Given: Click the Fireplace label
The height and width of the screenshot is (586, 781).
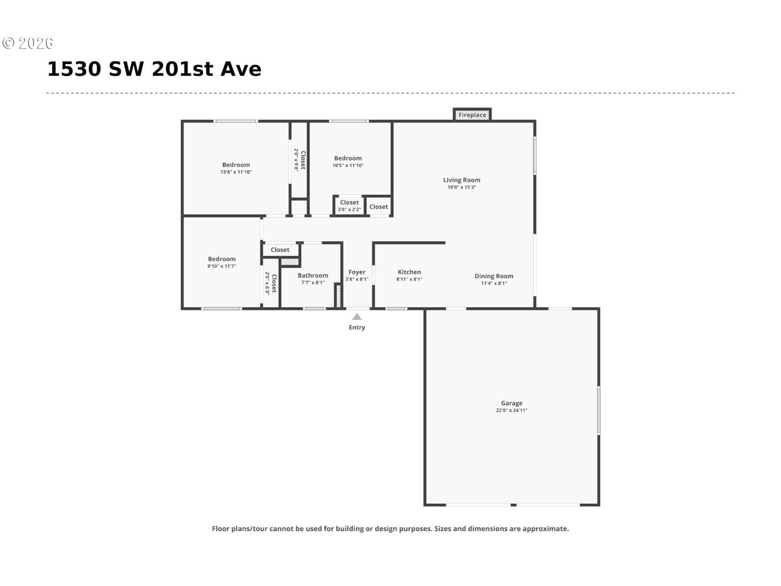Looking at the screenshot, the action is click(x=472, y=115).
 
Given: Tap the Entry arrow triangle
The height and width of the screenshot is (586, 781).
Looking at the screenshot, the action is click(x=357, y=317).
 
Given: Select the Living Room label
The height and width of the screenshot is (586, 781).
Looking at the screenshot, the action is click(x=461, y=180).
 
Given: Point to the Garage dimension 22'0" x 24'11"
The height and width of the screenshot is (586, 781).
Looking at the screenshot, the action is click(x=511, y=410).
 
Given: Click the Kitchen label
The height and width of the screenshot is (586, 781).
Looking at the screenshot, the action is click(x=409, y=272).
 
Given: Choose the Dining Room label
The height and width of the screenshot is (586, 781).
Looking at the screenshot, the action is click(x=494, y=276).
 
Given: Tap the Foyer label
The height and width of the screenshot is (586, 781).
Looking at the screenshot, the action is click(x=357, y=272).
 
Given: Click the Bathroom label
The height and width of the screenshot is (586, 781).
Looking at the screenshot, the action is click(x=313, y=275).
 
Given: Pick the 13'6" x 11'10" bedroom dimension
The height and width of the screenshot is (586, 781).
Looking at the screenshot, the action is click(x=236, y=172).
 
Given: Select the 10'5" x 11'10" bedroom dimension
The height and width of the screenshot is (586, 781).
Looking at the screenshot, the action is click(x=348, y=165).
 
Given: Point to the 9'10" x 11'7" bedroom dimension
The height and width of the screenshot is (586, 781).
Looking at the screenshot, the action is click(x=222, y=266).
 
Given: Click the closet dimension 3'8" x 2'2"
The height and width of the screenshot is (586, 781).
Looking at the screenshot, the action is click(x=349, y=210).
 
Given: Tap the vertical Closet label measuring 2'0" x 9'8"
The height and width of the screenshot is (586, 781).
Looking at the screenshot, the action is click(x=303, y=160).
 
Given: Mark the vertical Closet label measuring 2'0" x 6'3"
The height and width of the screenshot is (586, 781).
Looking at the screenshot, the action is click(x=274, y=283).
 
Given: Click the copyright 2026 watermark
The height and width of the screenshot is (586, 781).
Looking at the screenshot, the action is click(x=28, y=43).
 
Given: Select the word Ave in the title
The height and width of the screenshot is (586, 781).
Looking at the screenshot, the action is click(x=241, y=69).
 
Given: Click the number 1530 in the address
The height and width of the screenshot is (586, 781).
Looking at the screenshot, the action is click(x=74, y=69).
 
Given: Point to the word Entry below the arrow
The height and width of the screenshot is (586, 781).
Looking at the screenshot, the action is click(x=357, y=328).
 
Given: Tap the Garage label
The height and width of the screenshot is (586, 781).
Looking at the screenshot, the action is click(x=512, y=403).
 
